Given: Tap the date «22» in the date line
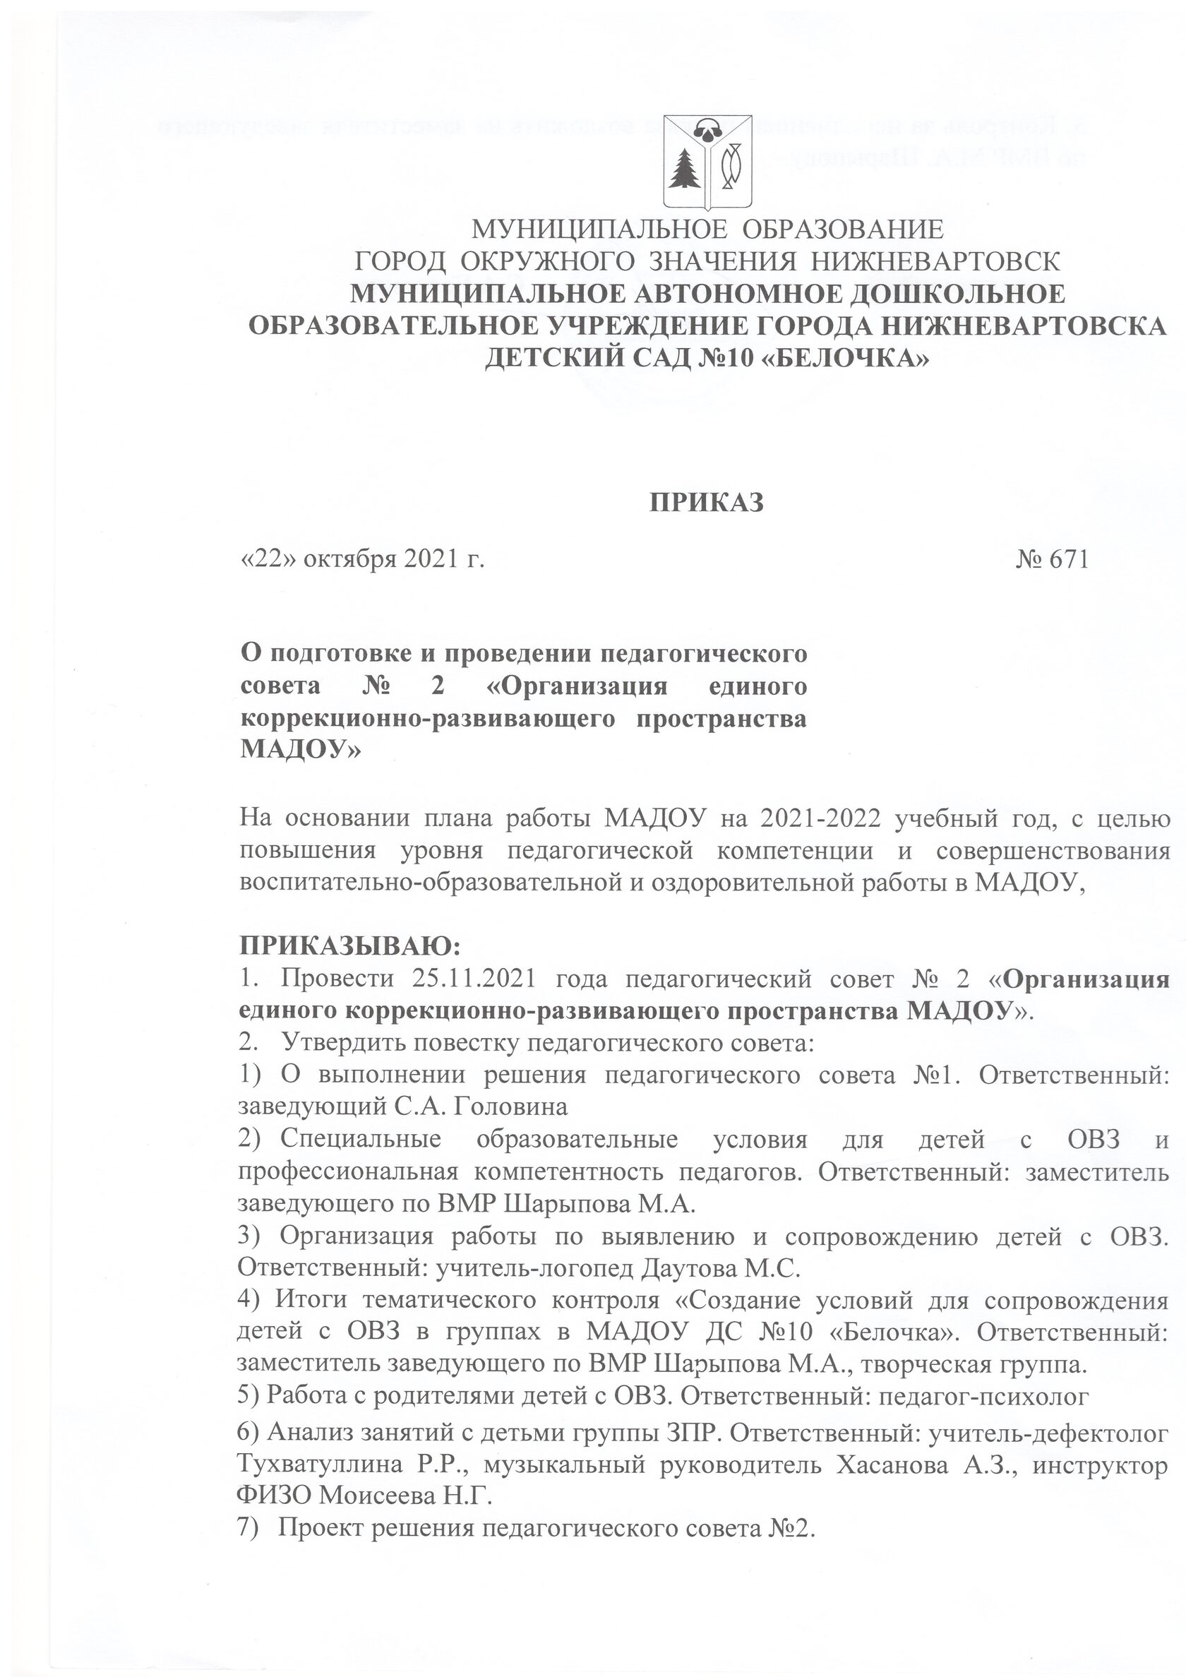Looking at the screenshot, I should tap(269, 559).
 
